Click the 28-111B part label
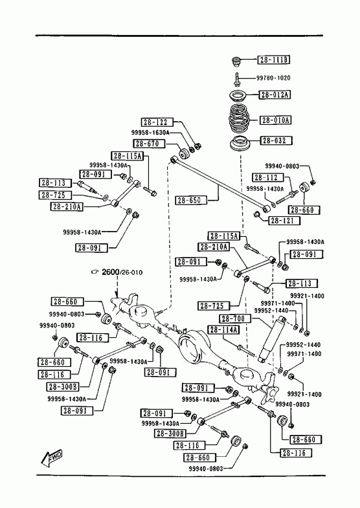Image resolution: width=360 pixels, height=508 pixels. tap(273, 60)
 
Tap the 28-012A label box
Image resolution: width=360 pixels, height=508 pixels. tap(275, 94)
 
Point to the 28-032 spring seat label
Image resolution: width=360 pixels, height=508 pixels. tap(276, 140)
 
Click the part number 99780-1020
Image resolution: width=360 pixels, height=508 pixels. tap(273, 78)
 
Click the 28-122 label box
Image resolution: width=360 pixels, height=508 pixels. tap(157, 122)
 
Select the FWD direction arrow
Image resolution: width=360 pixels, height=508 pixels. tap(52, 459)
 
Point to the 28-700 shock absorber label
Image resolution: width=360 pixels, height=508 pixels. tap(234, 318)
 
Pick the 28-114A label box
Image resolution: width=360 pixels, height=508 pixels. tap(223, 330)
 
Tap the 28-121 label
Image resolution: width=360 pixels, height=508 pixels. tap(284, 221)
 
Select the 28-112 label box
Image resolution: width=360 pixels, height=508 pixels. tap(267, 177)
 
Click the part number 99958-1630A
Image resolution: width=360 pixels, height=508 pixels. tap(150, 132)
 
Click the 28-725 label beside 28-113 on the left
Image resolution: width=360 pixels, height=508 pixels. tap(56, 195)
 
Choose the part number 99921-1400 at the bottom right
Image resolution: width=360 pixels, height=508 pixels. tap(304, 394)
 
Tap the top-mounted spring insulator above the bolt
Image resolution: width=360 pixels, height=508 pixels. tap(236, 61)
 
